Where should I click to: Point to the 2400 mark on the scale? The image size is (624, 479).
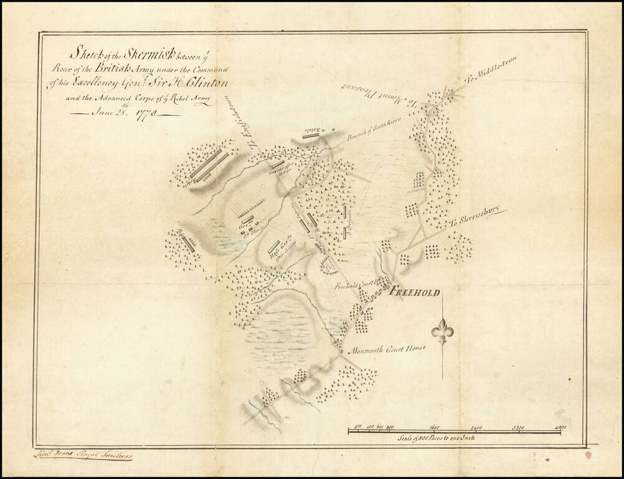[x=476, y=427]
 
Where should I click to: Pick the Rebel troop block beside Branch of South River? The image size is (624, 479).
[x=311, y=133]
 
